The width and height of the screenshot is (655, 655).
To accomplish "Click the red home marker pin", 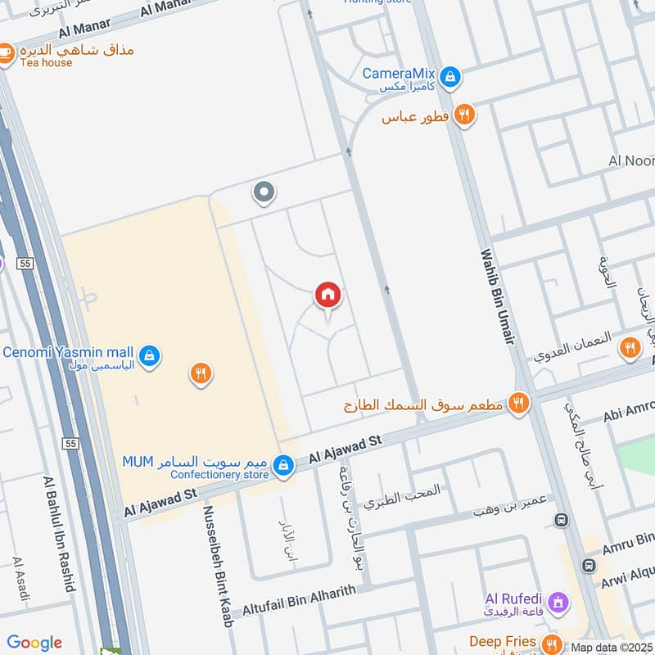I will pyautogui.click(x=328, y=295).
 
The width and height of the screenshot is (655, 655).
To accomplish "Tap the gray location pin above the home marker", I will pyautogui.click(x=263, y=192).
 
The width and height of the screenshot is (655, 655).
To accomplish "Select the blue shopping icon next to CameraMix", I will pyautogui.click(x=449, y=79).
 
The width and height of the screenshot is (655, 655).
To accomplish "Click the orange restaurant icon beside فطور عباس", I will pyautogui.click(x=464, y=116).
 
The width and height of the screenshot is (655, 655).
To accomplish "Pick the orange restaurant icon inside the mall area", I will pyautogui.click(x=201, y=374).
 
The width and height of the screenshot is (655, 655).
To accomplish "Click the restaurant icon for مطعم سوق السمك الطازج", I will pyautogui.click(x=517, y=402).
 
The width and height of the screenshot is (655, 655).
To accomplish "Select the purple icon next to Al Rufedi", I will pyautogui.click(x=558, y=603).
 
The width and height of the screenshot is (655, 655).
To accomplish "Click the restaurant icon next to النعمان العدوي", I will pyautogui.click(x=630, y=348).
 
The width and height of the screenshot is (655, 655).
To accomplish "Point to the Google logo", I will pyautogui.click(x=34, y=643).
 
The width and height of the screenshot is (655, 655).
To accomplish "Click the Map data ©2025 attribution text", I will pyautogui.click(x=612, y=648).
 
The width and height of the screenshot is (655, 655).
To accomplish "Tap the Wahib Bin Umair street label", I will pyautogui.click(x=497, y=296).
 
